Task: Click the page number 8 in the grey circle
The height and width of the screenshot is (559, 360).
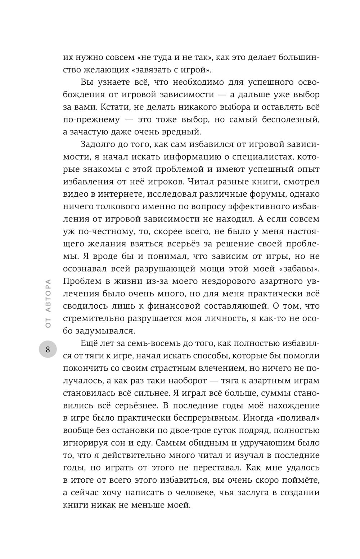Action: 48,349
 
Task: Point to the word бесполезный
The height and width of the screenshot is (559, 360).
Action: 289,119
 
